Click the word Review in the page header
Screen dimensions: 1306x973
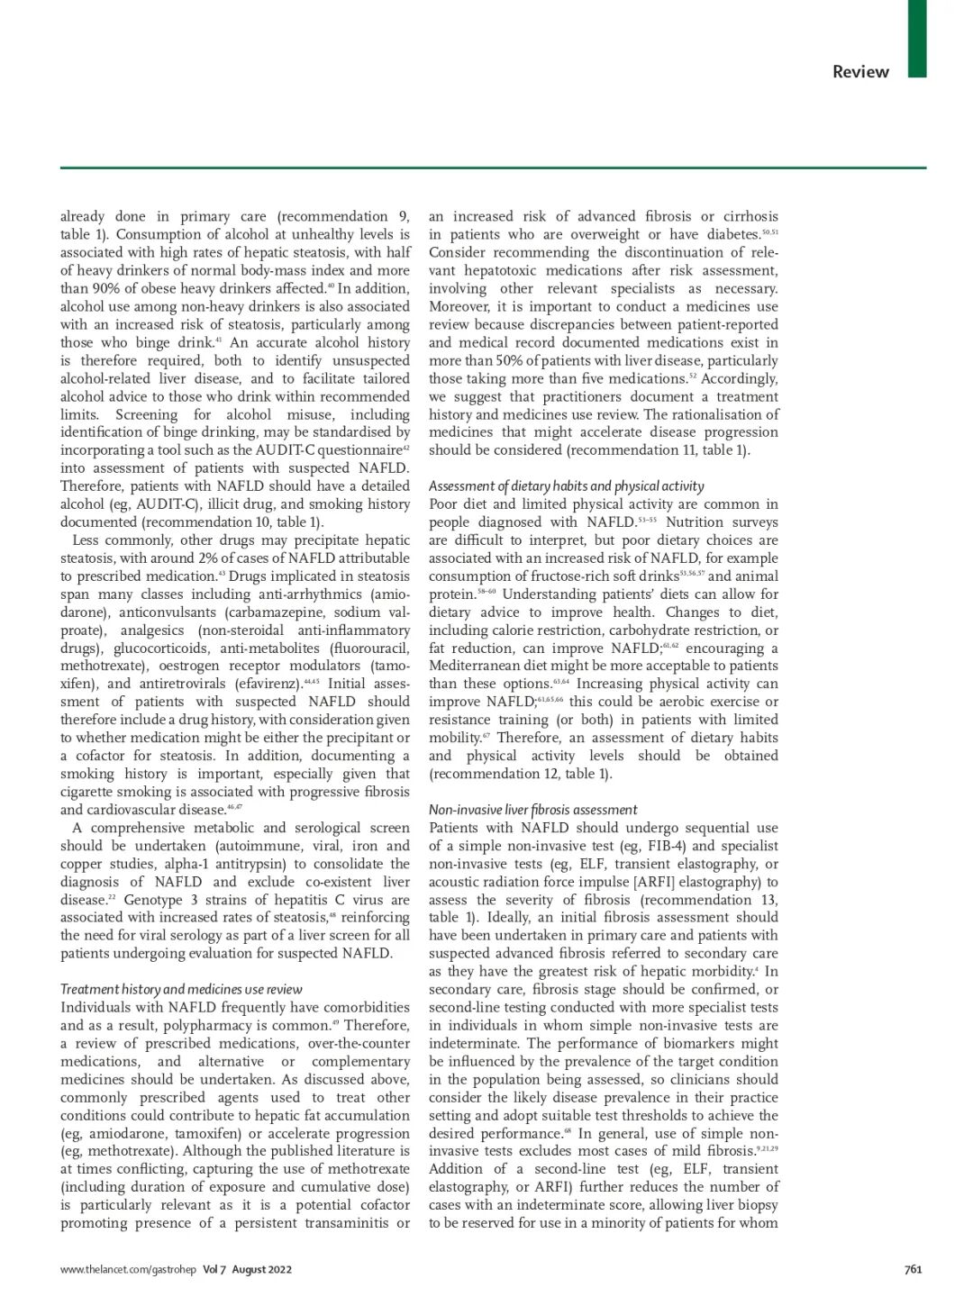[x=860, y=72]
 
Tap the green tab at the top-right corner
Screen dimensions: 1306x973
[x=916, y=38]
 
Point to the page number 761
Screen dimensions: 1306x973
[x=913, y=1269]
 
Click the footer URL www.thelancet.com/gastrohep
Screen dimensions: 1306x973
[x=128, y=1269]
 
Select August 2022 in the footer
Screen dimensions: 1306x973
[x=261, y=1269]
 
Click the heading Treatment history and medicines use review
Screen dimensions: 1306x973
[x=181, y=989]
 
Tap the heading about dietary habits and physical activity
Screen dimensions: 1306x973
[x=566, y=485]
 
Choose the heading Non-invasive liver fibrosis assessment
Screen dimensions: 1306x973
[x=532, y=810]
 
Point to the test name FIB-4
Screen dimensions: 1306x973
[x=668, y=846]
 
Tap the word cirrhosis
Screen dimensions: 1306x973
[x=751, y=216]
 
